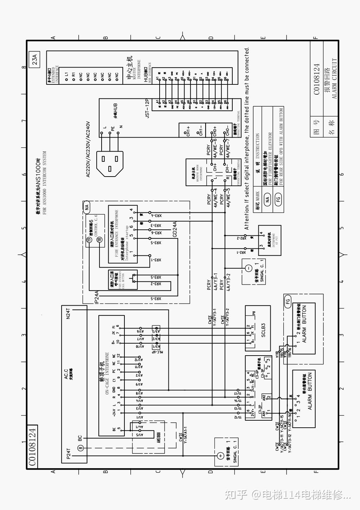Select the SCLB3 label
click(x=263, y=330)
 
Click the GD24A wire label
click(x=175, y=229)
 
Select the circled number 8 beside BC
click(x=80, y=448)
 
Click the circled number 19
click(x=89, y=240)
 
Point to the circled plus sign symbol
click(x=220, y=455)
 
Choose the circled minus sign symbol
click(x=247, y=268)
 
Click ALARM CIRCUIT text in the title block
click(x=334, y=78)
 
